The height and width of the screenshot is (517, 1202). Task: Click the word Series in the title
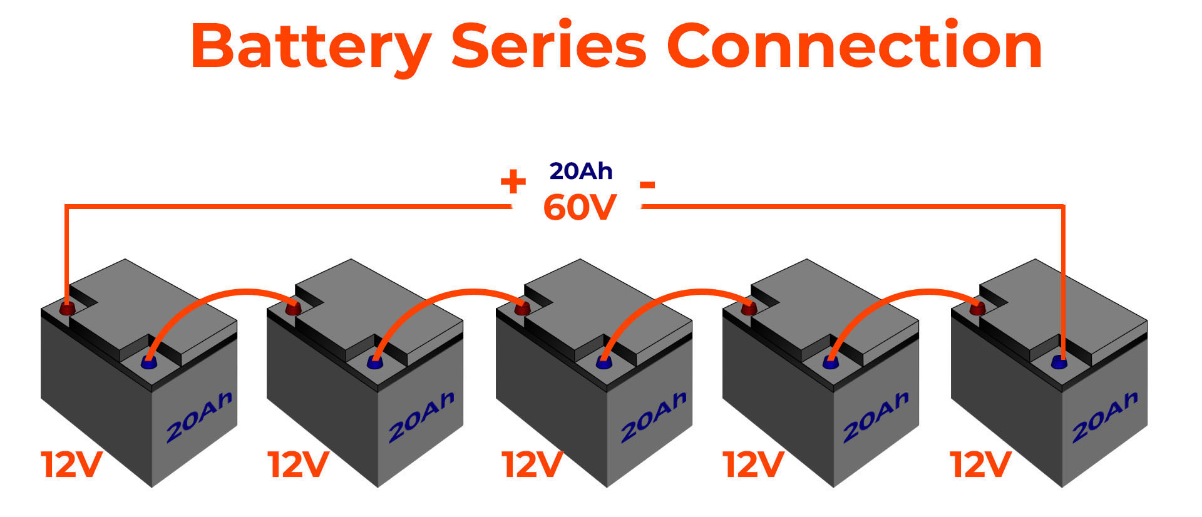pos(548,47)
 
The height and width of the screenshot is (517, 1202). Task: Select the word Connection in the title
pos(854,47)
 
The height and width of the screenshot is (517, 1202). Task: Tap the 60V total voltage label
pos(580,208)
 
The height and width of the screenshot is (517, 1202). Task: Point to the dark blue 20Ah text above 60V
pos(580,171)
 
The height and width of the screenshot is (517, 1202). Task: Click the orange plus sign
pos(513,183)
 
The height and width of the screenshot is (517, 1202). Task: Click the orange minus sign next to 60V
pos(647,185)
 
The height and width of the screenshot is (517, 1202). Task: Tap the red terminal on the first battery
pos(66,308)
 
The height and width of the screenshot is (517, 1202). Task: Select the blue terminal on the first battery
pos(148,362)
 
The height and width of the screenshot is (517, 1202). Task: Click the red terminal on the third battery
pos(521,307)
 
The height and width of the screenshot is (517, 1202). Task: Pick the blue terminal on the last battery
pos(1058,362)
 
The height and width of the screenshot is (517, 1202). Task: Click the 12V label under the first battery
pos(71,464)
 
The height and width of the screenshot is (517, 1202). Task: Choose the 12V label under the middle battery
pos(532,464)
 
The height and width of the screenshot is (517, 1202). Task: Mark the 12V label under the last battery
pos(980,464)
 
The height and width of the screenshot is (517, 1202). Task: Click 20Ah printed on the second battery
pos(421,417)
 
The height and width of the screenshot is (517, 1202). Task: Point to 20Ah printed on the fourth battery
pos(875,417)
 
